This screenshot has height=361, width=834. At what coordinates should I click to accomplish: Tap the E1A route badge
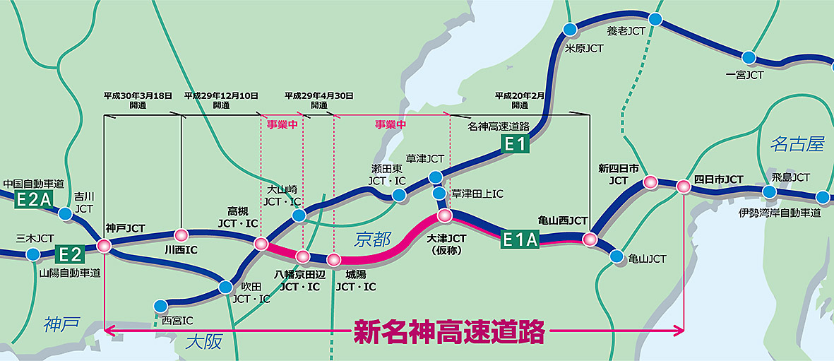tap(520, 239)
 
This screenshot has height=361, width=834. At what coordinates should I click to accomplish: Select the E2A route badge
tap(34, 201)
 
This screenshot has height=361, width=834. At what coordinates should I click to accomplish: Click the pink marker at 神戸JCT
tap(105, 246)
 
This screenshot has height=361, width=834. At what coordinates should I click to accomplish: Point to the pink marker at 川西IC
tap(181, 235)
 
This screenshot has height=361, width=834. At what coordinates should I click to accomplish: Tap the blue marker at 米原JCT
tap(570, 29)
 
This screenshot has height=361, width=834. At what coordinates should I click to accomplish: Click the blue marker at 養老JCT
tap(655, 19)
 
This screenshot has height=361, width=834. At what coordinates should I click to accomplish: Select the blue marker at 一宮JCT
tap(749, 57)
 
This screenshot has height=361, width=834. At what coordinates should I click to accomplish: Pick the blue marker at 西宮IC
tap(160, 306)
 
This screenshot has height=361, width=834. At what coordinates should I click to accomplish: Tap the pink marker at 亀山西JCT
tap(590, 239)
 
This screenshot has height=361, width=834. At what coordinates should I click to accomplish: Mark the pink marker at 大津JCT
tap(444, 215)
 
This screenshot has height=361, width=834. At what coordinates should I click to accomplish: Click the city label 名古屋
tap(797, 145)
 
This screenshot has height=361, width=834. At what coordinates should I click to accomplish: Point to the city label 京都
tap(372, 240)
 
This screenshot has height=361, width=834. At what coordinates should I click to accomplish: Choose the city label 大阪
tap(203, 343)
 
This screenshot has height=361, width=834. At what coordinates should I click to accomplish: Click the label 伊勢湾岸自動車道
tap(780, 212)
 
